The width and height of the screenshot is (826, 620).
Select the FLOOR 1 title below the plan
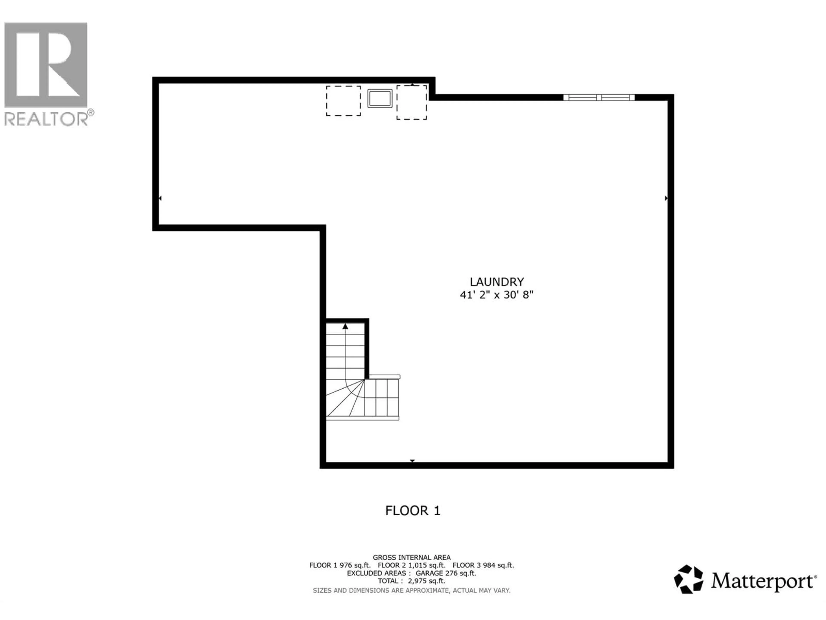click(x=413, y=510)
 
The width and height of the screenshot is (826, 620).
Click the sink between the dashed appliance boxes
click(x=380, y=99)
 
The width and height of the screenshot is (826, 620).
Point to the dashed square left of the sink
click(x=343, y=101)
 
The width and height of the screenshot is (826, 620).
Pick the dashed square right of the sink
click(x=411, y=102)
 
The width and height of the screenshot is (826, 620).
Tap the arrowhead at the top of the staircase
click(x=345, y=327)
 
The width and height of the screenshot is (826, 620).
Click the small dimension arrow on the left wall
click(x=160, y=198)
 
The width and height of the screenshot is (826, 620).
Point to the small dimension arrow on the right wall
click(x=666, y=198)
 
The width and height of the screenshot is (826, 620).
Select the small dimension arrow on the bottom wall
click(x=412, y=461)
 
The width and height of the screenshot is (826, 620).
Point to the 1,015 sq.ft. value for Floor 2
click(x=428, y=566)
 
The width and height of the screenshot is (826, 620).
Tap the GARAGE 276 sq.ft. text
click(x=446, y=573)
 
